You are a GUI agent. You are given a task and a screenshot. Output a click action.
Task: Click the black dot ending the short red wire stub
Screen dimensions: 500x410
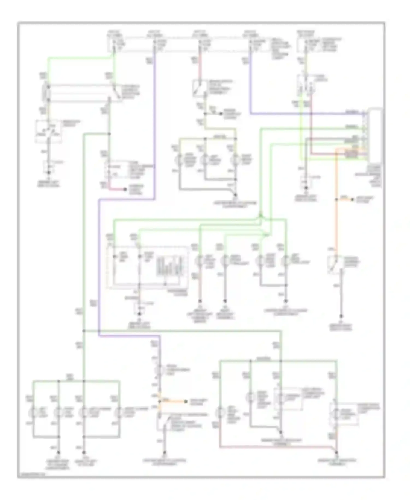pyautogui.click(x=125, y=189)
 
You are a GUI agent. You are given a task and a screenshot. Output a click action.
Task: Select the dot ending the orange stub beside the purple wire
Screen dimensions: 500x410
pyautogui.click(x=186, y=402)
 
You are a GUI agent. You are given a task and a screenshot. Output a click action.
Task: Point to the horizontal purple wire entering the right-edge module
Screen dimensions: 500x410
pyautogui.click(x=306, y=113)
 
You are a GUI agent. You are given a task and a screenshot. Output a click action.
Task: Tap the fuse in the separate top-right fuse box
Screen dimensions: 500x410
pyautogui.click(x=306, y=45)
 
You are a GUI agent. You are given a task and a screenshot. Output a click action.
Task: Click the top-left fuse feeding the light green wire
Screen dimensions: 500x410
pyautogui.click(x=114, y=45)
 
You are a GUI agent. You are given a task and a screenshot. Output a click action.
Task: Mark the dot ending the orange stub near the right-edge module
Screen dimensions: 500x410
pyautogui.click(x=352, y=200)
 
